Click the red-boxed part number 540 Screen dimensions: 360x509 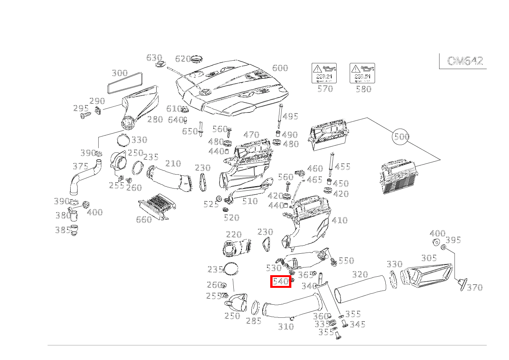[280, 282]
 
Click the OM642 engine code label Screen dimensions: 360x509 [464, 61]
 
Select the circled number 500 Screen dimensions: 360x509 [401, 137]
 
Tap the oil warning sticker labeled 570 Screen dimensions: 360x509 [324, 73]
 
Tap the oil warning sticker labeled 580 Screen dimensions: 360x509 [362, 73]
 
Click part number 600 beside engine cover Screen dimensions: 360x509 [280, 68]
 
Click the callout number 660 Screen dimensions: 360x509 [144, 220]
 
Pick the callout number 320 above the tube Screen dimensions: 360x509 [360, 274]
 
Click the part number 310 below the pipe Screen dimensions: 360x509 [286, 327]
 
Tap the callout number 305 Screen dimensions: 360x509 [428, 258]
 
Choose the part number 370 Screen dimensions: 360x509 [474, 287]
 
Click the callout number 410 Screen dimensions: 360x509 [339, 220]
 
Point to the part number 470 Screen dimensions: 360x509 [251, 135]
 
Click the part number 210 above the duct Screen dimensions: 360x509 [173, 163]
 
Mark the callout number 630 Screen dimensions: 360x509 [154, 58]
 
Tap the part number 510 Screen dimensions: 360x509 [250, 201]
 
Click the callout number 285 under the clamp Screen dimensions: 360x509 [253, 321]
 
